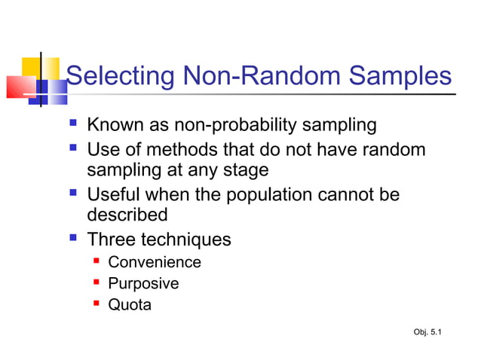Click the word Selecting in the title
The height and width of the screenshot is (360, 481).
tap(121, 77)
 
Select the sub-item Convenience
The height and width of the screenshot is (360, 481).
tap(155, 263)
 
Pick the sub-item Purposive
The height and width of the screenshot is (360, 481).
tap(143, 284)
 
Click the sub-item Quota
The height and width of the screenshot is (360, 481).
tap(130, 305)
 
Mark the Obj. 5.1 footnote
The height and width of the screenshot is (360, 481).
tap(428, 332)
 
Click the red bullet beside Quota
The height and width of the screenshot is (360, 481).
tap(97, 304)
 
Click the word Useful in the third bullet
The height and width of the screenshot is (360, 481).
tap(115, 195)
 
